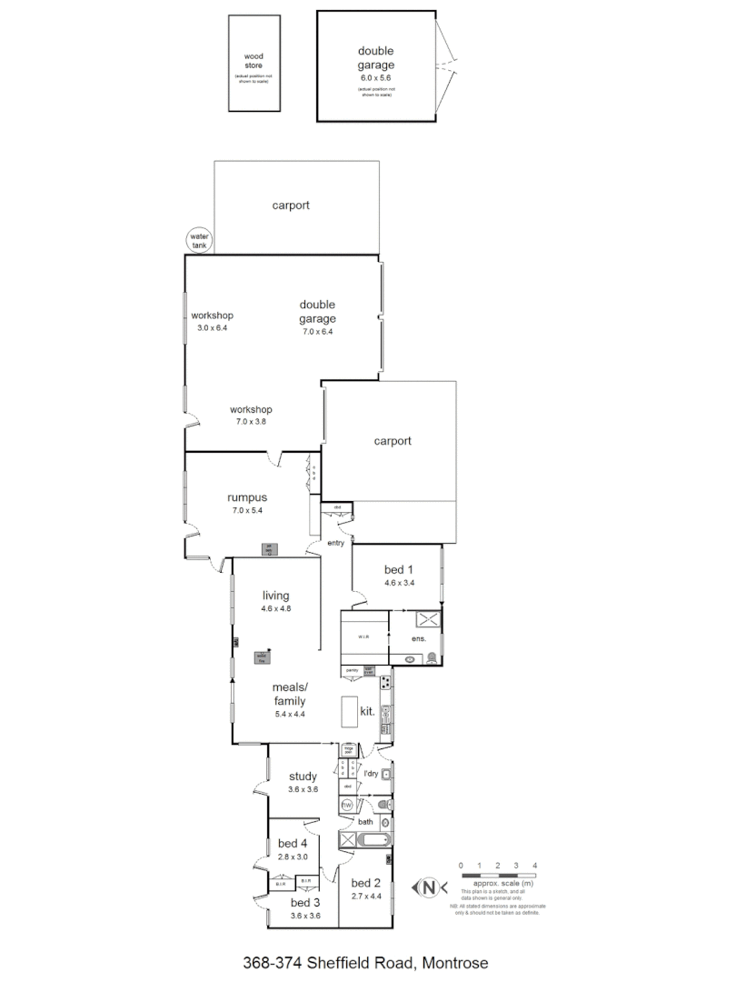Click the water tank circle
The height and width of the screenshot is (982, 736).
pyautogui.click(x=198, y=240)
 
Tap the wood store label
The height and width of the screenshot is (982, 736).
pyautogui.click(x=253, y=60)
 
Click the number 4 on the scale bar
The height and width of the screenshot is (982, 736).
pyautogui.click(x=535, y=865)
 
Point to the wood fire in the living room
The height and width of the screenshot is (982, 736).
pyautogui.click(x=263, y=656)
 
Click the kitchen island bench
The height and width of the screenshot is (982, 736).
pyautogui.click(x=350, y=712)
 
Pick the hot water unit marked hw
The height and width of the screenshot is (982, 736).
pyautogui.click(x=346, y=806)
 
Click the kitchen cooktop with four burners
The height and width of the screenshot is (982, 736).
pyautogui.click(x=385, y=682)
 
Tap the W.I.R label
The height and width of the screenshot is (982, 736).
pyautogui.click(x=362, y=636)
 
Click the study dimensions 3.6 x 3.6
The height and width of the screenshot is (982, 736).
pyautogui.click(x=303, y=789)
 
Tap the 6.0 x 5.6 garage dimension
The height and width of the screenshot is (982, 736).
pyautogui.click(x=375, y=79)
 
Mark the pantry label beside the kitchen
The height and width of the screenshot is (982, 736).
pyautogui.click(x=351, y=670)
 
